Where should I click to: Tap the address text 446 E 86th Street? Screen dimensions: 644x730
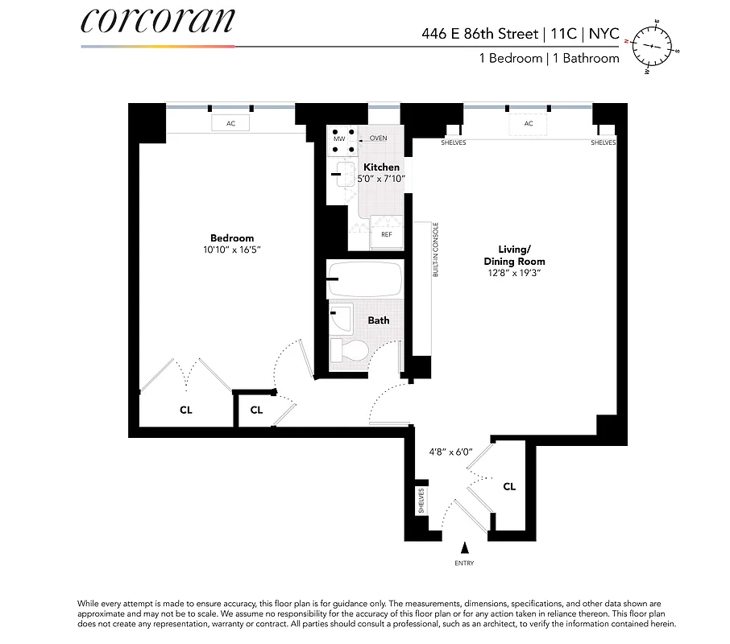tap(479, 34)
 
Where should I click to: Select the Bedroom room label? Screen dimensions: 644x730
tap(232, 237)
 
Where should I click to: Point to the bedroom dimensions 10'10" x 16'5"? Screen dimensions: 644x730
tap(232, 250)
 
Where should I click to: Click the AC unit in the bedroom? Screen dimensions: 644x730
tap(230, 123)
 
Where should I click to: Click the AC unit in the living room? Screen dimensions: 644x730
tap(529, 123)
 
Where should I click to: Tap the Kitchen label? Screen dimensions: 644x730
tap(381, 167)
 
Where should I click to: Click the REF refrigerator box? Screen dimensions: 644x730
tap(386, 235)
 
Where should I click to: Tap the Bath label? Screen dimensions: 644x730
tap(379, 320)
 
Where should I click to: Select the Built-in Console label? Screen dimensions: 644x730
tap(436, 250)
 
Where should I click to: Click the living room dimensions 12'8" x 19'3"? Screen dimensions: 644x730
tap(514, 274)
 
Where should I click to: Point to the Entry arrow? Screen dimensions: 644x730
tap(464, 548)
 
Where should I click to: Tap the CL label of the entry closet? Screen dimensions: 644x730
tap(509, 486)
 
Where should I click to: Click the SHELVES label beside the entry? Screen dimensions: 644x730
tap(421, 501)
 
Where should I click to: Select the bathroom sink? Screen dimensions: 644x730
tap(341, 317)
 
